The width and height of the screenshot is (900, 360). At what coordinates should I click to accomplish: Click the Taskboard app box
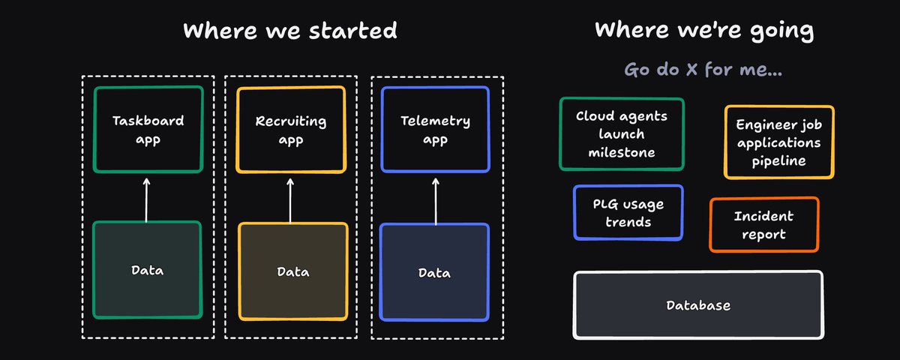pos(148,129)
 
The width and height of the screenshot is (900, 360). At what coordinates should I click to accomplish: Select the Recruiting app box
pos(291,130)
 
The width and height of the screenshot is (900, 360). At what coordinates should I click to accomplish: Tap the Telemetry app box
pos(435,129)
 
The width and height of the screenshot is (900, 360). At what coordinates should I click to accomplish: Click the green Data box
pos(148,269)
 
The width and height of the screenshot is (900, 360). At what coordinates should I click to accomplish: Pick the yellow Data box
pos(293,271)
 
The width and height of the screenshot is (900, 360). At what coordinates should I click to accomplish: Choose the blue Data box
pos(434,272)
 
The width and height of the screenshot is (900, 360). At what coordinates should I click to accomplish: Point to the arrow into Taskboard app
pos(146,199)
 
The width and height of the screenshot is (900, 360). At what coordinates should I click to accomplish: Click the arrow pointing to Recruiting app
pos(290,200)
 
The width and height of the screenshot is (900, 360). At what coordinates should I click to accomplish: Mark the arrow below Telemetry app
pos(436,201)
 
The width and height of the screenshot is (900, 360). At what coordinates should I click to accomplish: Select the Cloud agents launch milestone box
pos(622,133)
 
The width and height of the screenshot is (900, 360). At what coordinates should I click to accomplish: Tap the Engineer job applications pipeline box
pos(778,142)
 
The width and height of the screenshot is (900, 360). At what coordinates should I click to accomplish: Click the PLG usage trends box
pos(628,212)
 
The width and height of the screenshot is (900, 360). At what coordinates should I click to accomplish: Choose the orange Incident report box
pos(763,224)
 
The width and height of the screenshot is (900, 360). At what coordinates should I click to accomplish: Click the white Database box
pos(698,305)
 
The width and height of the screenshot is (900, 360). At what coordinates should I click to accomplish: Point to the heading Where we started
pos(290,31)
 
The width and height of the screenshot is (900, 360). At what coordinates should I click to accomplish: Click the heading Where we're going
pos(704,31)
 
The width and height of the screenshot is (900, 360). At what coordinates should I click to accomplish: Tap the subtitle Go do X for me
pos(703,69)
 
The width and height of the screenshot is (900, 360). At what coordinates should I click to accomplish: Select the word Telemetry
pos(435,121)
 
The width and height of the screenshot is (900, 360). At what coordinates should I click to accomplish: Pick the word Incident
pos(763,216)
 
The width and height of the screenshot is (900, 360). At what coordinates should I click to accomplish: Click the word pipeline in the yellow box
pos(778,161)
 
